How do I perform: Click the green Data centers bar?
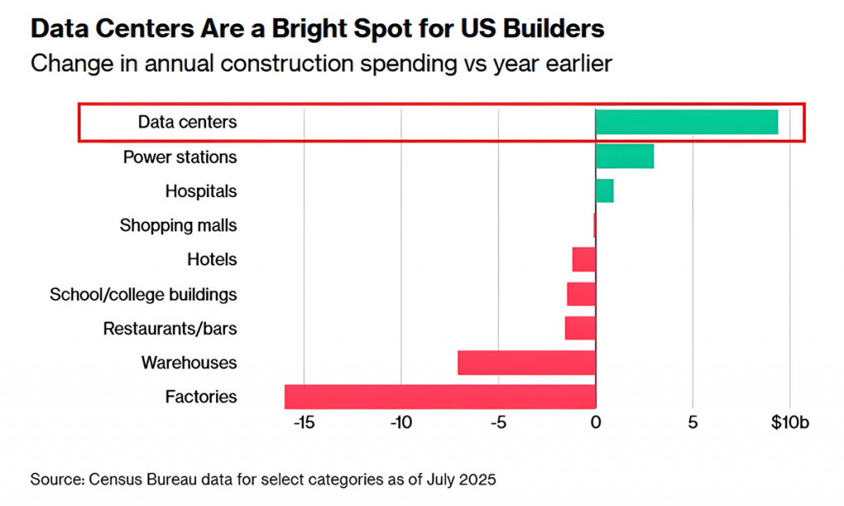(x=687, y=122)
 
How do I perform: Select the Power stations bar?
(x=625, y=156)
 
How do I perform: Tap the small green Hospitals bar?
(x=604, y=190)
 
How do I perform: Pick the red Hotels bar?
(x=584, y=260)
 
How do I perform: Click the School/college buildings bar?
(x=581, y=294)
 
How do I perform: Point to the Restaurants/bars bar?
(x=580, y=328)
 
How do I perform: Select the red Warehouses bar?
(x=527, y=363)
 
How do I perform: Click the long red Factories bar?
(x=440, y=396)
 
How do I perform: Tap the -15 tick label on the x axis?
(x=304, y=423)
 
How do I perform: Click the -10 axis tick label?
(x=401, y=423)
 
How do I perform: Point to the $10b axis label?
(x=790, y=423)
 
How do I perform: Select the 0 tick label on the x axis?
(x=596, y=423)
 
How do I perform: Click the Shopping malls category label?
(x=178, y=226)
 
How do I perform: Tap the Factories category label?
(x=201, y=396)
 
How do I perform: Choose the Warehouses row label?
(x=189, y=363)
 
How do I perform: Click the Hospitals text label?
(x=201, y=191)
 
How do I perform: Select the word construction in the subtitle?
(x=286, y=63)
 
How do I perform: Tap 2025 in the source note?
(x=477, y=479)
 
